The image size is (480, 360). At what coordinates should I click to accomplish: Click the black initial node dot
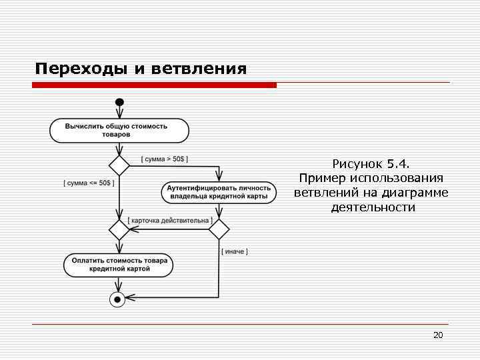coord(119,102)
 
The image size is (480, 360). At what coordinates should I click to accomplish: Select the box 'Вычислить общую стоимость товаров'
coord(119,130)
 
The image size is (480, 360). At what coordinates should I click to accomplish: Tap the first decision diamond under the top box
coord(119,165)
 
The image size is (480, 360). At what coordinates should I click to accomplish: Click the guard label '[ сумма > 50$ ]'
coord(164,159)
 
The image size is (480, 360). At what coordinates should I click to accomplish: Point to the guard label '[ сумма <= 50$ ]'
coord(89,183)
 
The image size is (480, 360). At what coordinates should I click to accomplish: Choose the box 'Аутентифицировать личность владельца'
coord(219,192)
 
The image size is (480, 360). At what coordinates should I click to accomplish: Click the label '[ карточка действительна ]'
coord(170,220)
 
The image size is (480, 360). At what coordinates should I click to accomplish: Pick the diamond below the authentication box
coord(219,229)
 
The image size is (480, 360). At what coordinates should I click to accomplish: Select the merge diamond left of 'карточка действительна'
coord(119,229)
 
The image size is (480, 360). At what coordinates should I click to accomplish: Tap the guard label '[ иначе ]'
coord(234,251)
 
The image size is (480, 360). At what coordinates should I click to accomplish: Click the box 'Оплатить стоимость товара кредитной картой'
coord(119,265)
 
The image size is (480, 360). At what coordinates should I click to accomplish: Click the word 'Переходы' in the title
coord(79,69)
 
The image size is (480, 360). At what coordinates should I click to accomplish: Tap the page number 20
coord(438,335)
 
